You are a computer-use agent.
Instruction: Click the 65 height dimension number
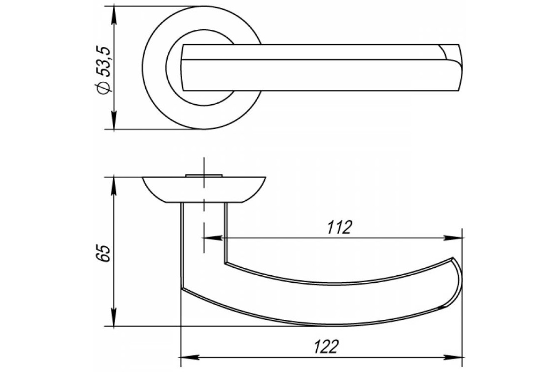(103, 253)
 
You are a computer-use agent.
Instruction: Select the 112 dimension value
(340, 227)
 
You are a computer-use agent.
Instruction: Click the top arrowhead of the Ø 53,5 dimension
(114, 15)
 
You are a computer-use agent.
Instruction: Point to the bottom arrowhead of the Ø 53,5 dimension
(114, 120)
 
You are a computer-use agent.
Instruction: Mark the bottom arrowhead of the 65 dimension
(114, 317)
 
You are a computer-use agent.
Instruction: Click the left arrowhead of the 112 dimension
(213, 238)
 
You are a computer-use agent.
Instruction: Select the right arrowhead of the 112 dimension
(453, 238)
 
